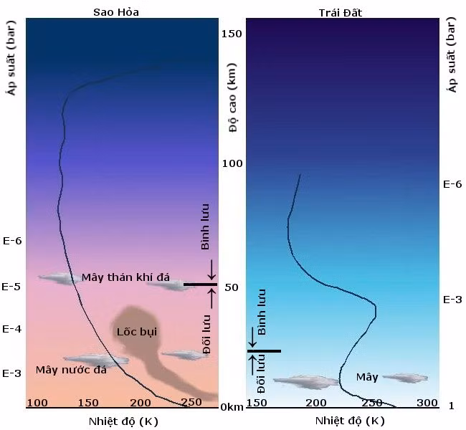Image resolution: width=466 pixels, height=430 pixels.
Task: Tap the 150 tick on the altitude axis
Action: click(232, 34)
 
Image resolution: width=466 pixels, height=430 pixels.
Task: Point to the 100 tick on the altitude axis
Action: click(232, 163)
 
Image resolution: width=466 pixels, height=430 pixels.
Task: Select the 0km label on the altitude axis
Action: click(231, 407)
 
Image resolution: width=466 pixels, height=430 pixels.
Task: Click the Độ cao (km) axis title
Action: click(233, 112)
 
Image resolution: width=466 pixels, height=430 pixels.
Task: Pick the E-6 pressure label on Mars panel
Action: click(13, 240)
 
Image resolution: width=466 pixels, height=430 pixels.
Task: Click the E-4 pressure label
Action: click(13, 329)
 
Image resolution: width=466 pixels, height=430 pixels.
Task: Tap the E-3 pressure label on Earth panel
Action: click(452, 299)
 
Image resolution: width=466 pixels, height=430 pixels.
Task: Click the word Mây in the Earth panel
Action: click(367, 377)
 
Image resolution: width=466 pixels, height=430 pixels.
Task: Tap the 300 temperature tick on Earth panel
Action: click(427, 403)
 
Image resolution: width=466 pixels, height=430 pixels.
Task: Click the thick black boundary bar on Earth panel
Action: click(265, 350)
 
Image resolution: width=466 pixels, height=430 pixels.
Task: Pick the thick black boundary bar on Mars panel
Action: click(200, 285)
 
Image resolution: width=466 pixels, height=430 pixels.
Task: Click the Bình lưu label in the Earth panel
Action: click(262, 312)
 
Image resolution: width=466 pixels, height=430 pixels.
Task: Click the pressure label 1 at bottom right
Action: click(451, 406)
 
